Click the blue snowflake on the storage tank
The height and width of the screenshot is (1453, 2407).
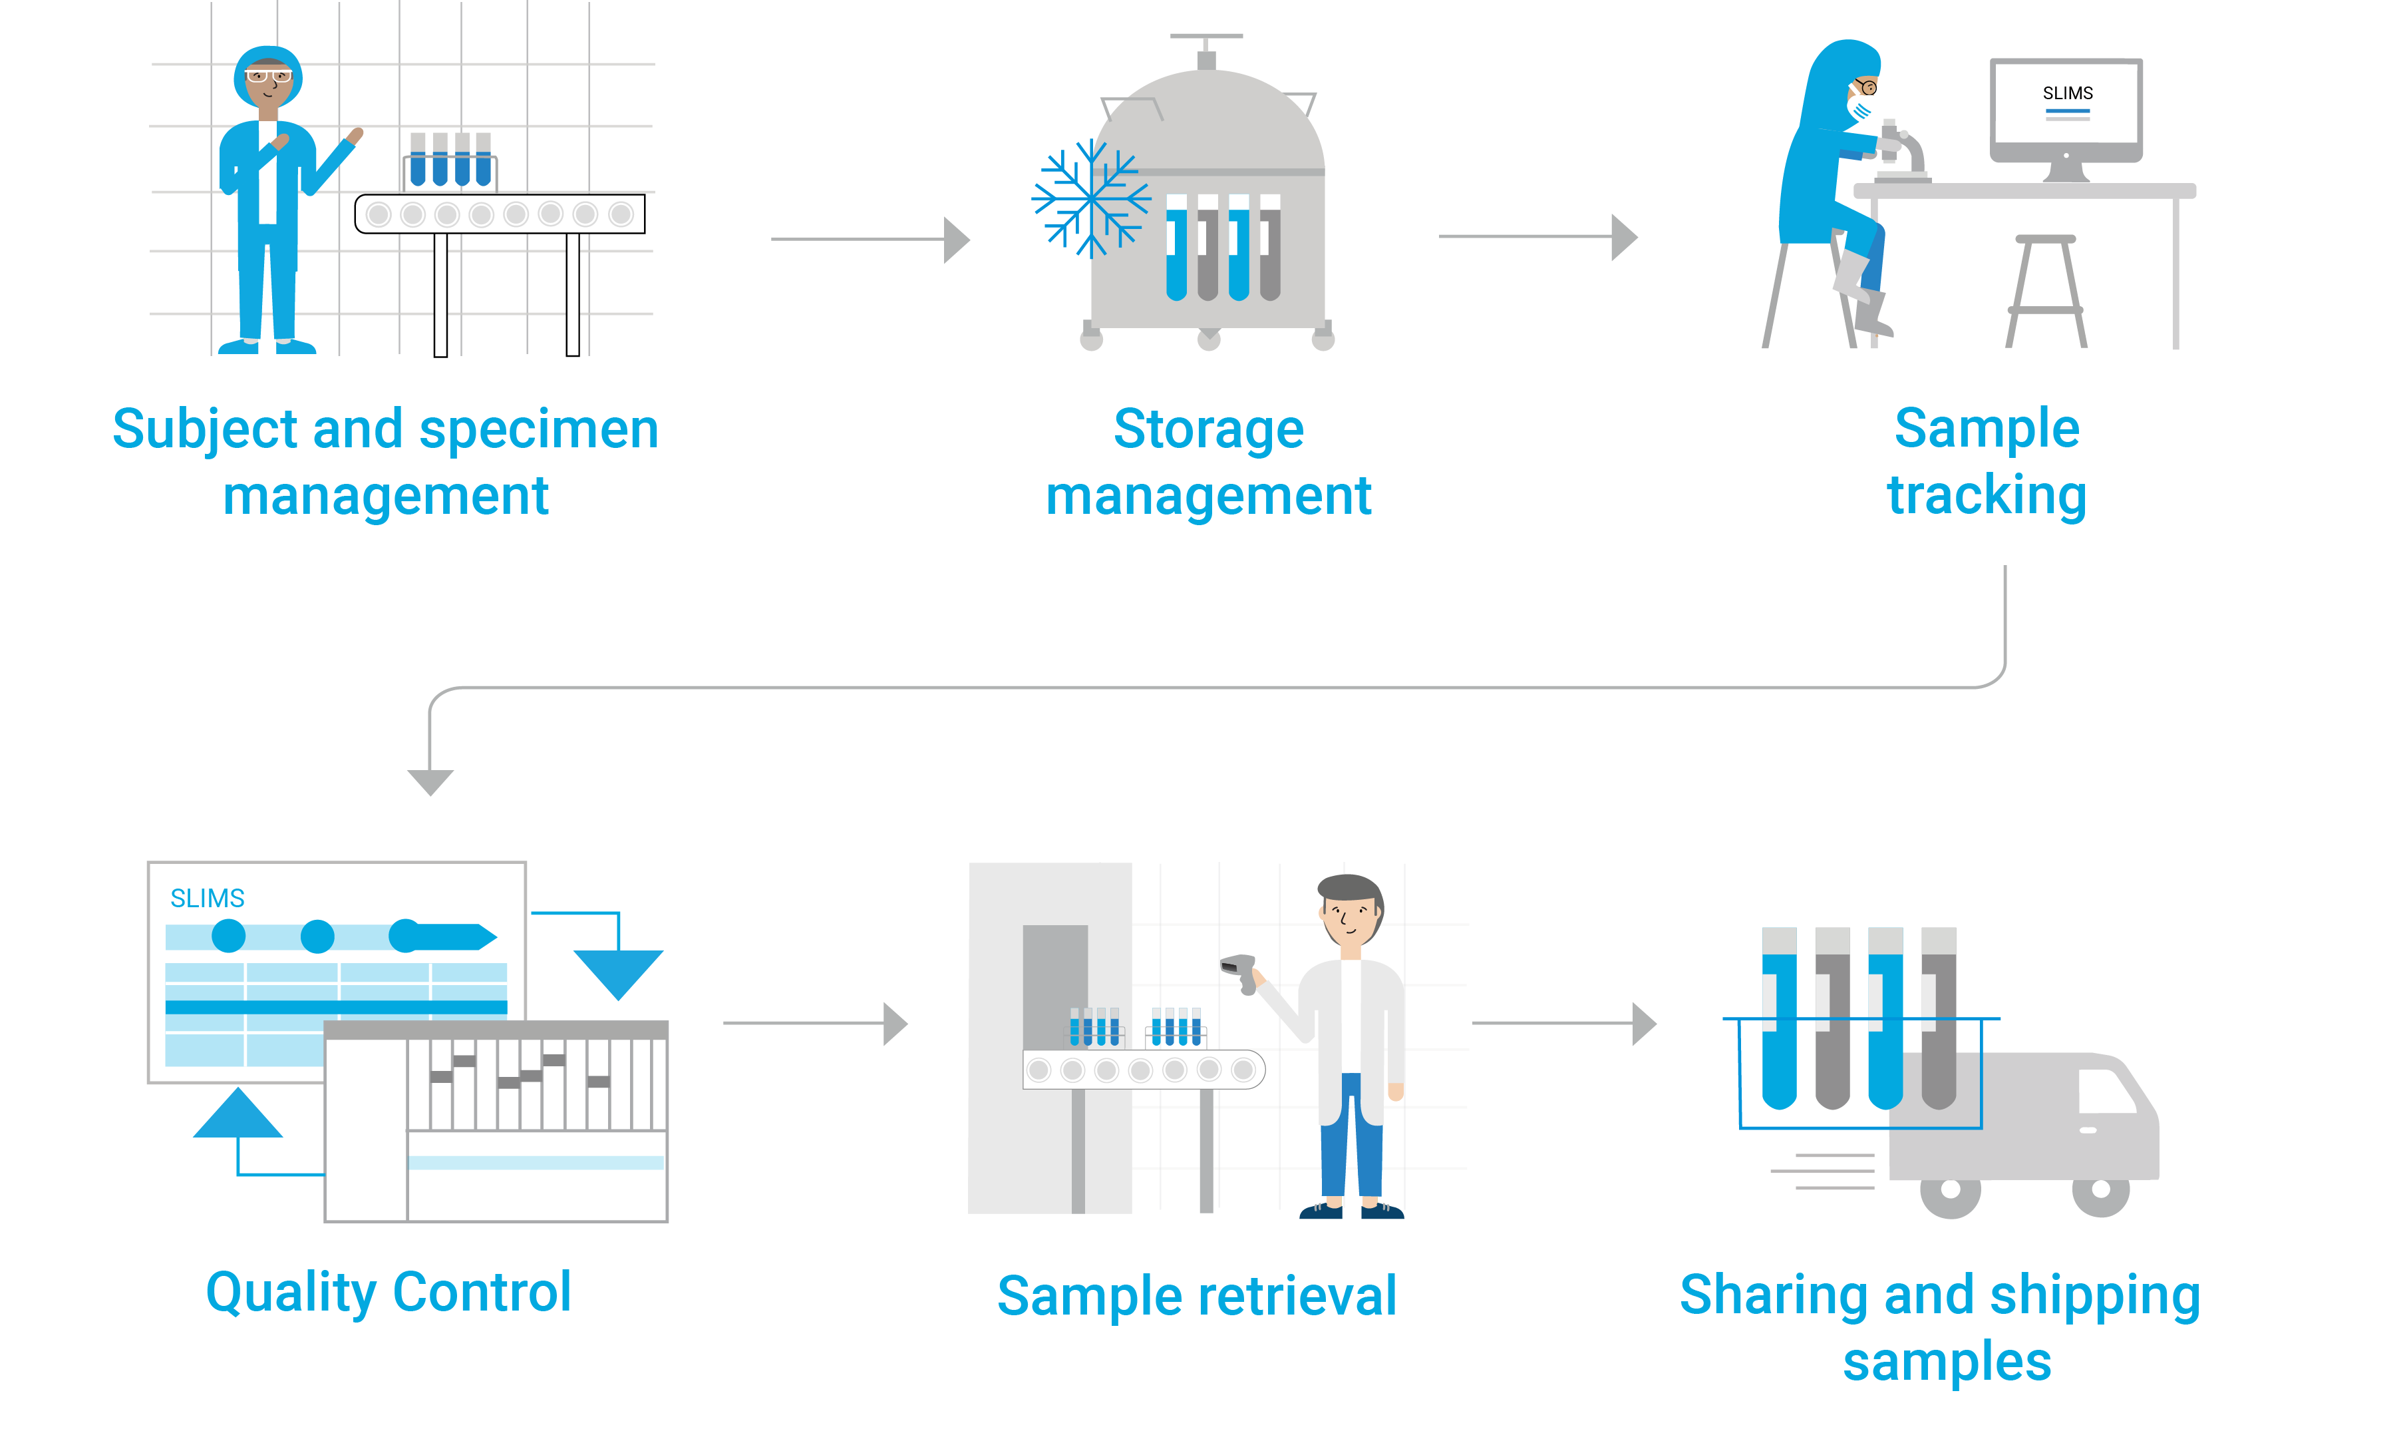[x=1090, y=198]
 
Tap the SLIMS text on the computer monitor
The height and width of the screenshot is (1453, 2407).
[x=2067, y=94]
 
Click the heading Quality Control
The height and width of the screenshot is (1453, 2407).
[x=388, y=1292]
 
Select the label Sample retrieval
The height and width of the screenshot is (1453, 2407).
[x=1197, y=1297]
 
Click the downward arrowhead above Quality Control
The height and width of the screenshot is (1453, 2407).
[x=430, y=781]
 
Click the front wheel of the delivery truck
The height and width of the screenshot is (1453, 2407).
[x=2100, y=1190]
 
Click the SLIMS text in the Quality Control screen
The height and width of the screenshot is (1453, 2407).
[x=207, y=898]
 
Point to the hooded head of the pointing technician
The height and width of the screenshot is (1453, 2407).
[x=267, y=77]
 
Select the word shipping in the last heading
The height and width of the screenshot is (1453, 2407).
[x=2094, y=1297]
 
